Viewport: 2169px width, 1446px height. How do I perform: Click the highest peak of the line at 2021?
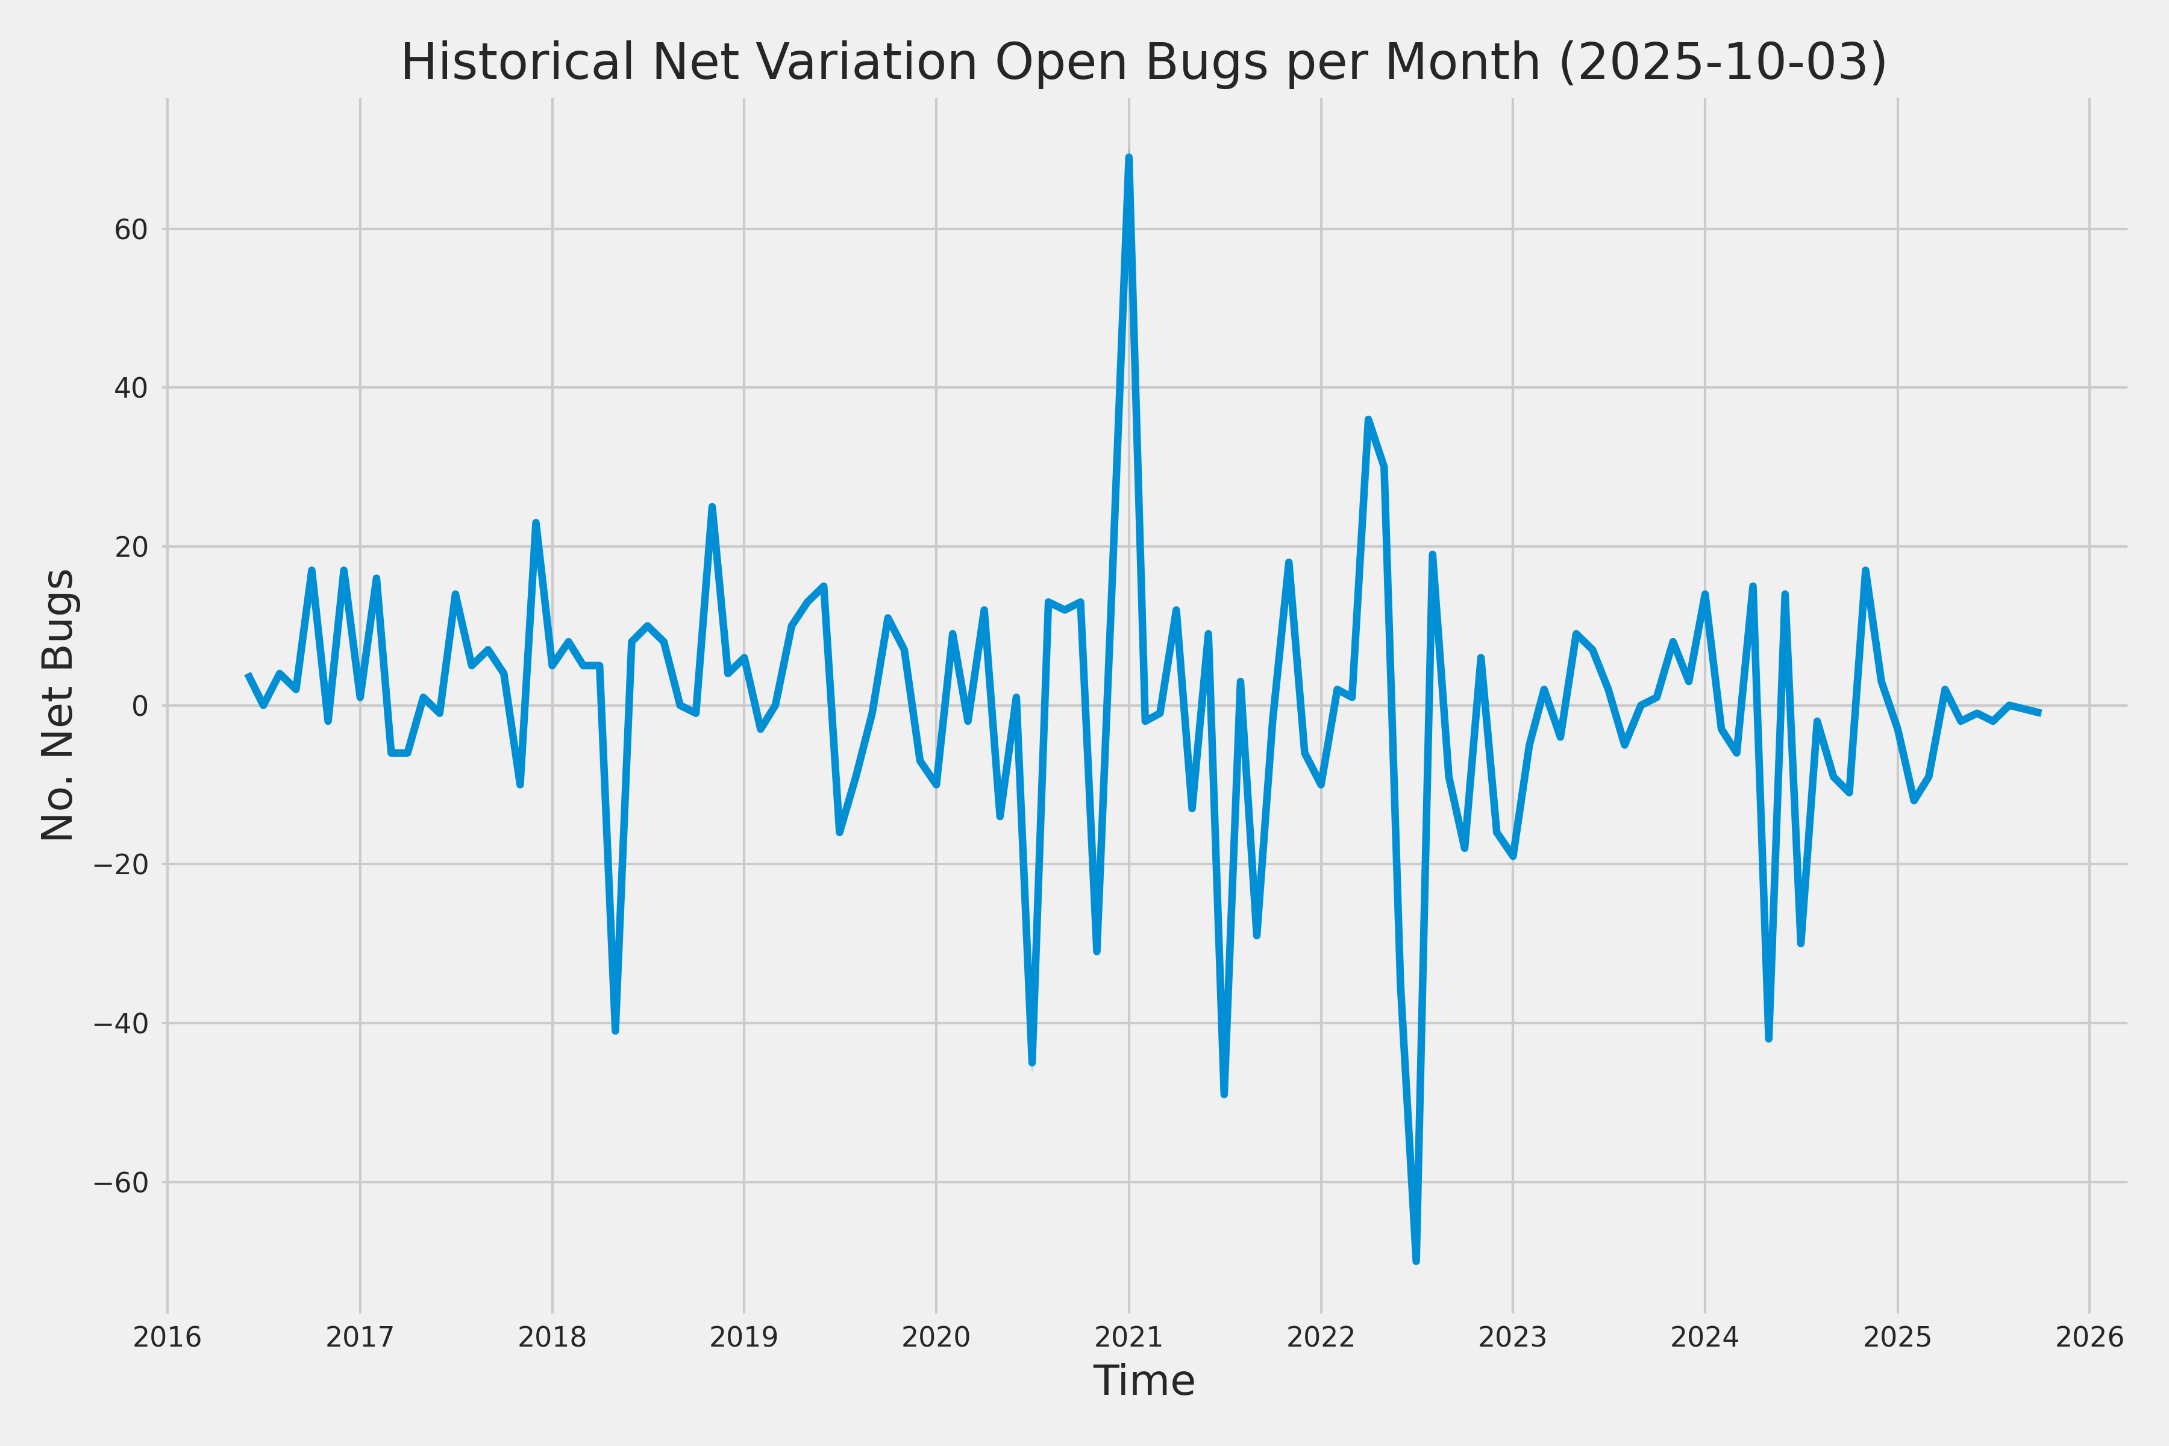(1128, 158)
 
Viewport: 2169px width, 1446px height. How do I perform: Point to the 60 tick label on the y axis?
(131, 230)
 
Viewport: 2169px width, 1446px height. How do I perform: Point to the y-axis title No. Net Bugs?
(58, 706)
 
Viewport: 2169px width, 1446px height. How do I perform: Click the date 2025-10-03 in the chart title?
(1723, 63)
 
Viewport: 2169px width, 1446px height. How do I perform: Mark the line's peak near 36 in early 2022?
(1368, 421)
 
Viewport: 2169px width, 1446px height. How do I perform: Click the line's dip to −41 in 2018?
(615, 1030)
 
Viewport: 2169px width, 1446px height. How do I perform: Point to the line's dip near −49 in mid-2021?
(1224, 1094)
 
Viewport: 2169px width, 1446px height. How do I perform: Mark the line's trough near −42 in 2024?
(1769, 1038)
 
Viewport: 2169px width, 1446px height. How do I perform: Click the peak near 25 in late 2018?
(712, 507)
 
